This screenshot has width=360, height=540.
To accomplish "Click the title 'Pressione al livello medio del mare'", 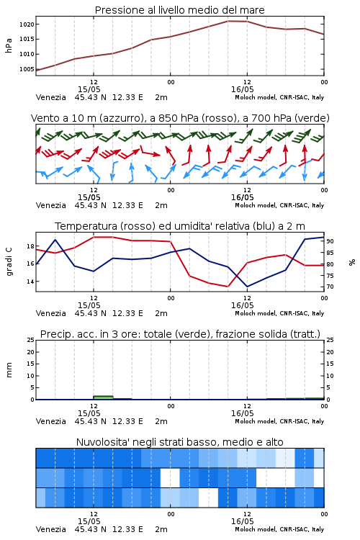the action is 179,10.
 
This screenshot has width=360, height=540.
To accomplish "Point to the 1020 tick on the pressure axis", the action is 27,24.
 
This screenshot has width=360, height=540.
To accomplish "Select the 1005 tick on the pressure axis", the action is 27,69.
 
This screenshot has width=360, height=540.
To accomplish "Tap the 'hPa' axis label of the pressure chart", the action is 9,45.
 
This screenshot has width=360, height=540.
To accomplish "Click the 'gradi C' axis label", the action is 9,261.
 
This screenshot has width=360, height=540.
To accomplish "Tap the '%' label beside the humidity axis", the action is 352,262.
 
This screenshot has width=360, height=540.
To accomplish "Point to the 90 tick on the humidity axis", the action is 330,241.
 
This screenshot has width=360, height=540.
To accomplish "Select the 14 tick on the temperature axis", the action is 30,282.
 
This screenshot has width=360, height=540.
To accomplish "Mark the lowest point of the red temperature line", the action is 228,287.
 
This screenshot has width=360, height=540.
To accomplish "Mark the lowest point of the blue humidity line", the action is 247,287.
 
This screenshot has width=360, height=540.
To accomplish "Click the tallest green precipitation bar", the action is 103,397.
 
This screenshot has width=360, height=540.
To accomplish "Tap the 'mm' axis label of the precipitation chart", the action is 9,370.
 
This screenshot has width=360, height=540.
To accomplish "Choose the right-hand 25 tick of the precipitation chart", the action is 330,340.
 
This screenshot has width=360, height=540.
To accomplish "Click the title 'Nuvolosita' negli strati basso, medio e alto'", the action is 179,442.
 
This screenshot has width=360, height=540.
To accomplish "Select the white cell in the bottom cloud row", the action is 208,498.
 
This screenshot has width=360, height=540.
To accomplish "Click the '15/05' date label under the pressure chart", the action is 89,89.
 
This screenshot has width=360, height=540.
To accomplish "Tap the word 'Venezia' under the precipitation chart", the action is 50,421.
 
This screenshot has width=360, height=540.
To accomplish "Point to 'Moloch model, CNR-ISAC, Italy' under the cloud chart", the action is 279,529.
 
